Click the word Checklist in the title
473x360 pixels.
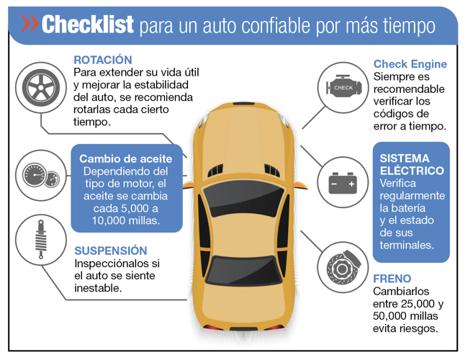pyautogui.click(x=88, y=24)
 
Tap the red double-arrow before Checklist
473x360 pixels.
pyautogui.click(x=30, y=23)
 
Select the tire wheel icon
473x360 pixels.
pyautogui.click(x=41, y=88)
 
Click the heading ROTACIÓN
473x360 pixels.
pyautogui.click(x=103, y=60)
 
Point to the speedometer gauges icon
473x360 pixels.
pyautogui.click(x=41, y=176)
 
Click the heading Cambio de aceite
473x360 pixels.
pyautogui.click(x=126, y=158)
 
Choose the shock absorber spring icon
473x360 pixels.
pyautogui.click(x=41, y=239)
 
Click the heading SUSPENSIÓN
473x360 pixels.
pyautogui.click(x=111, y=251)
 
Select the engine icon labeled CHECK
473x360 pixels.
pyautogui.click(x=343, y=86)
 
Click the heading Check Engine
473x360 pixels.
pyautogui.click(x=410, y=64)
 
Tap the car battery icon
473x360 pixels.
pyautogui.click(x=343, y=183)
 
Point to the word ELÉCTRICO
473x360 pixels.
pyautogui.click(x=412, y=171)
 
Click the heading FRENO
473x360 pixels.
pyautogui.click(x=392, y=279)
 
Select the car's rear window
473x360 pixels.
pyautogui.click(x=243, y=271)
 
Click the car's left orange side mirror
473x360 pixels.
pyautogui.click(x=189, y=184)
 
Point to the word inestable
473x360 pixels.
pyautogui.click(x=98, y=288)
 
